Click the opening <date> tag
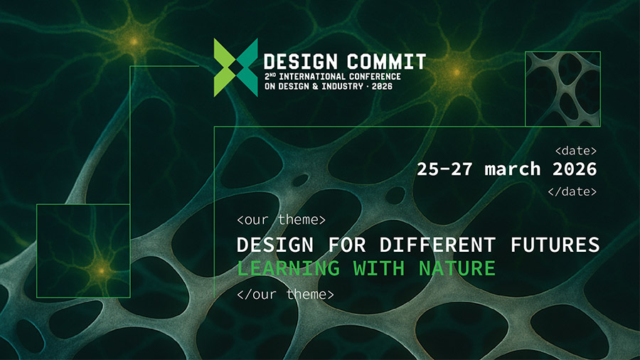pos(575,151)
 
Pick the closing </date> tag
pos(572,191)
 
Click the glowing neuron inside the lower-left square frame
pos(100,270)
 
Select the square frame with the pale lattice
pos(562,89)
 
